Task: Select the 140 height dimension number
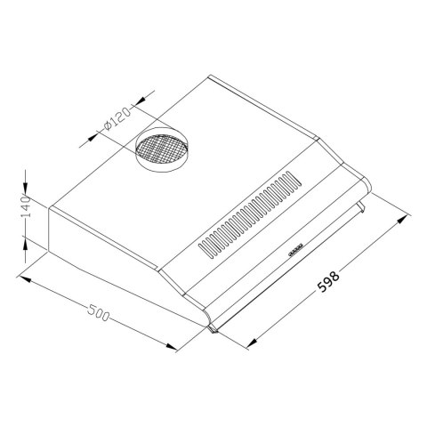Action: (27, 206)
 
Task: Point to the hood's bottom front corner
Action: (212, 331)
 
